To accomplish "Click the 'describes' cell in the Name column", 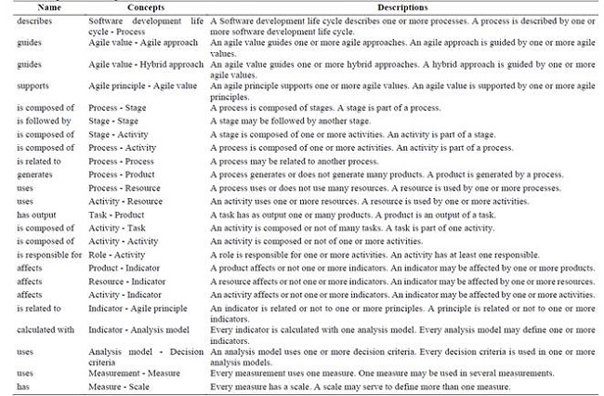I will pyautogui.click(x=35, y=19).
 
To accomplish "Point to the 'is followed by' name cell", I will pyautogui.click(x=44, y=121).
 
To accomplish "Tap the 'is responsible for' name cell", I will pyautogui.click(x=47, y=254).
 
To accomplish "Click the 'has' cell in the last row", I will pyautogui.click(x=23, y=386).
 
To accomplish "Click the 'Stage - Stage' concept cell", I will pyautogui.click(x=113, y=121).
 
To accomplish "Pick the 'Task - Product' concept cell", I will pyautogui.click(x=116, y=214).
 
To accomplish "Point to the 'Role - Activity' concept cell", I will pyautogui.click(x=117, y=254).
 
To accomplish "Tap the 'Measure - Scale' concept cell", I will pyautogui.click(x=120, y=386).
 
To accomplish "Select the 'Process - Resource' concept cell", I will pyautogui.click(x=125, y=187).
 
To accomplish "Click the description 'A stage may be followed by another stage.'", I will pyautogui.click(x=291, y=121).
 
